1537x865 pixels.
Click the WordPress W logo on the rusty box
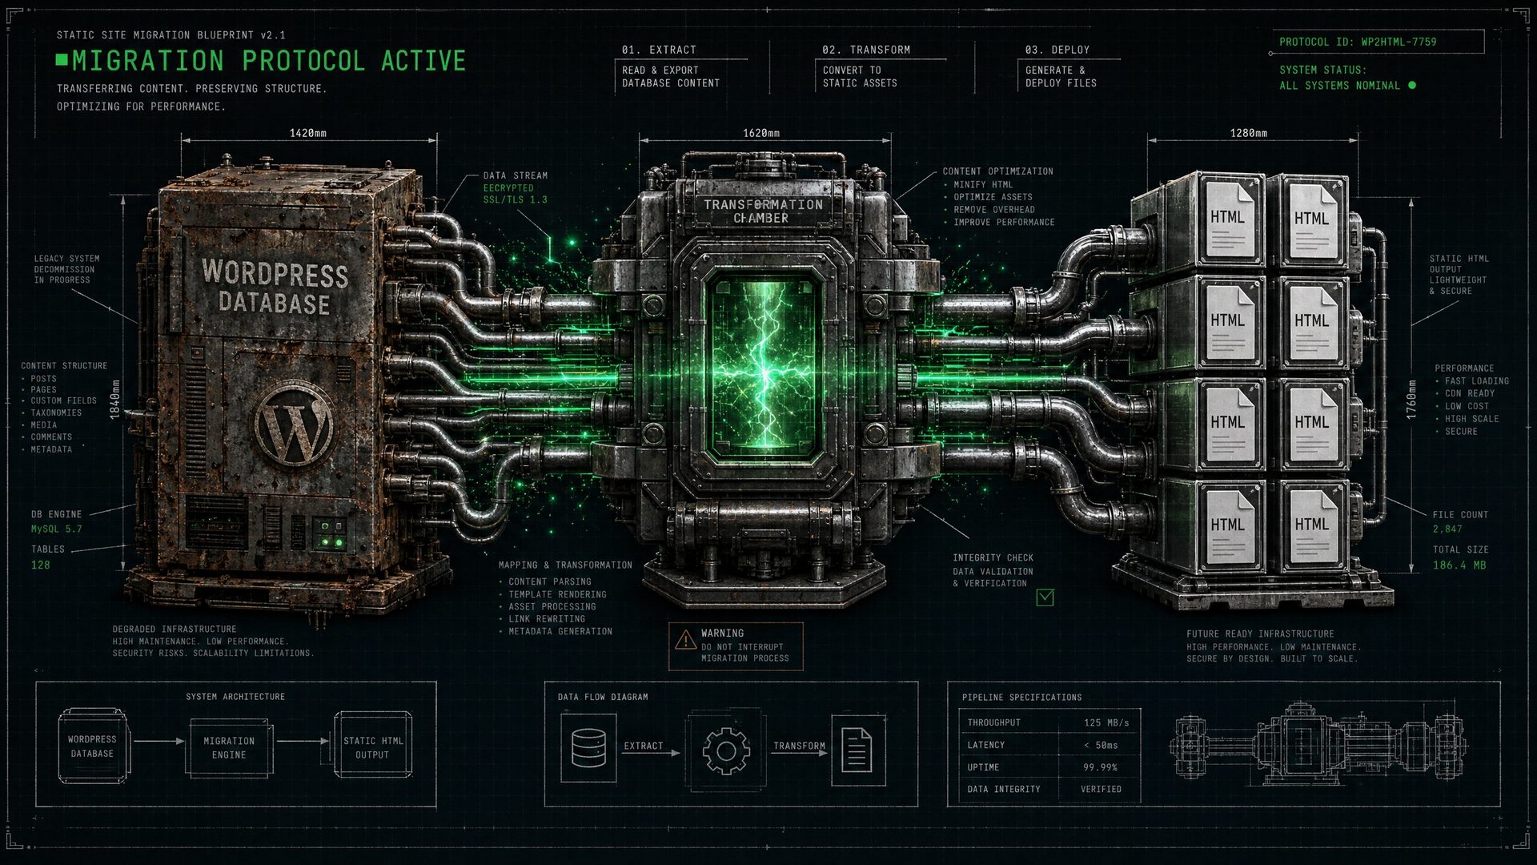tap(295, 423)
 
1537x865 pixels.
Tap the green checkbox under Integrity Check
tap(1045, 597)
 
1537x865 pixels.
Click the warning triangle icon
tap(685, 639)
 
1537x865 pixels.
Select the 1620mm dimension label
tap(760, 133)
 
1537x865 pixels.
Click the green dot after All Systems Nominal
tap(1411, 85)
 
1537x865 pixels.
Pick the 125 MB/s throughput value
tap(1106, 722)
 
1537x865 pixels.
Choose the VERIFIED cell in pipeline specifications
tap(1101, 789)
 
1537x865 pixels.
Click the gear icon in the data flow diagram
tap(726, 750)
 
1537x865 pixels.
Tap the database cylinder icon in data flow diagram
tap(588, 748)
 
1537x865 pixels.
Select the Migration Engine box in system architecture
tap(229, 748)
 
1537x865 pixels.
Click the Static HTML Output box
tap(373, 746)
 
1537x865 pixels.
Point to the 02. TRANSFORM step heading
tap(866, 50)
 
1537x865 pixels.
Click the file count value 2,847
tap(1447, 529)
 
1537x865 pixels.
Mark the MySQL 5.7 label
tap(56, 529)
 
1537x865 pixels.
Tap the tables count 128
tap(40, 565)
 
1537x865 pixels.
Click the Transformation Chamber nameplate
tap(762, 211)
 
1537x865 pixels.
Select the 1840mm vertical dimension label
tap(114, 399)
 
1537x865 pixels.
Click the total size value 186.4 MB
tap(1459, 565)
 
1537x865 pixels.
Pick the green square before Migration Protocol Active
tap(62, 59)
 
